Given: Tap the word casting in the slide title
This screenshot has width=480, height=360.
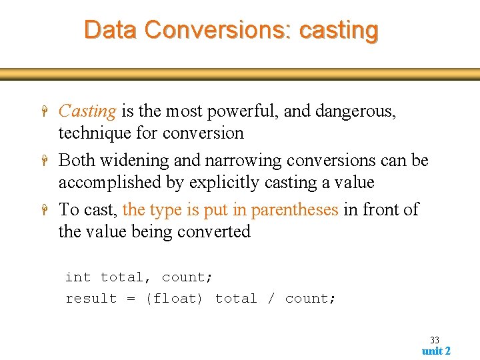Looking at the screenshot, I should (339, 30).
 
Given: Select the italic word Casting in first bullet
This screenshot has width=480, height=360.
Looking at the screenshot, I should (87, 111).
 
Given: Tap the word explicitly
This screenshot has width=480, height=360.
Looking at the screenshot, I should (225, 182).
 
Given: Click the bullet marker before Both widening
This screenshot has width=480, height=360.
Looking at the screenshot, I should (43, 161).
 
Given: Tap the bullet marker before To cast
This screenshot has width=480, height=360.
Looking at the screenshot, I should (43, 210).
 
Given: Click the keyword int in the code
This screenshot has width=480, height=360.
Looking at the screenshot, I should (77, 277).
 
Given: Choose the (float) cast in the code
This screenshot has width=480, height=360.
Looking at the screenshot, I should (174, 299).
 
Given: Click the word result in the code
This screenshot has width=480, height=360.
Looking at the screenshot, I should (91, 299).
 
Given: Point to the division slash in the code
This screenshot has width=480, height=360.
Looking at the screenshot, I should (271, 299).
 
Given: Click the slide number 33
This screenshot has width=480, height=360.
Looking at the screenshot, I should (435, 340).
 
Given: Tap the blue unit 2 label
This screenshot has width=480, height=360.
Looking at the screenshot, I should (436, 351).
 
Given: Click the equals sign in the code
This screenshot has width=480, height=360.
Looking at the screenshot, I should (131, 299).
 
